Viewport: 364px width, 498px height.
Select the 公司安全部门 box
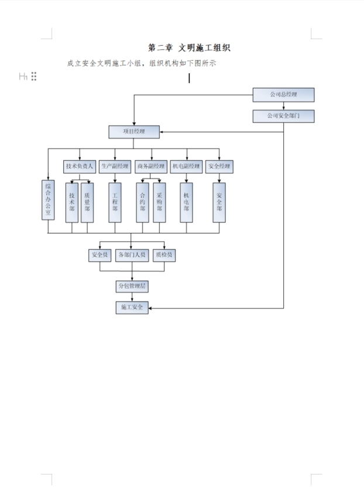coord(283,116)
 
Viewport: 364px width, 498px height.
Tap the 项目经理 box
coord(133,132)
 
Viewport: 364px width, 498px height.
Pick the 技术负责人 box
coord(80,166)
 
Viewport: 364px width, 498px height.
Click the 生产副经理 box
coord(115,166)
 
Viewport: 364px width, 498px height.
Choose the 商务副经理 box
coord(152,166)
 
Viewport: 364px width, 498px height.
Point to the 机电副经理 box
coord(187,166)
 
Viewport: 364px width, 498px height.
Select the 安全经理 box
coord(219,166)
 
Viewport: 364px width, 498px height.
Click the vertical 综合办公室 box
coord(48,201)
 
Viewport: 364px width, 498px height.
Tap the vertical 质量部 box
coord(87,202)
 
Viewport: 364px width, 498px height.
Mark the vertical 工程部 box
coord(115,202)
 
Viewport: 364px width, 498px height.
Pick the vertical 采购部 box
coord(159,202)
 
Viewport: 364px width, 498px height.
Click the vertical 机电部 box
coord(187,202)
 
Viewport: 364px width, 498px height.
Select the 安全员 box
coord(99,255)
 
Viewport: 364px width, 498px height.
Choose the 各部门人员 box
coord(132,255)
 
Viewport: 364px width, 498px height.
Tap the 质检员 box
coord(164,255)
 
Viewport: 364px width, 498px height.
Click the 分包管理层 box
coord(132,286)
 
